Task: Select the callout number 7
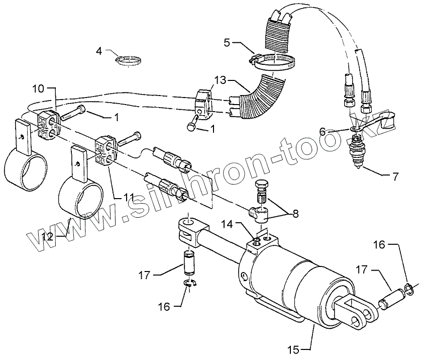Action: pos(395,176)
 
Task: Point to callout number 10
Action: pos(39,89)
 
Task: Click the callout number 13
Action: pos(220,80)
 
